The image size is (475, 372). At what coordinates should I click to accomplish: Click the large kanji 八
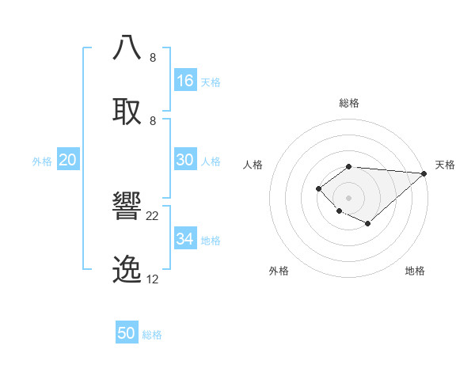[127, 47]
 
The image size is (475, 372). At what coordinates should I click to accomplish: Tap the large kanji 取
[127, 111]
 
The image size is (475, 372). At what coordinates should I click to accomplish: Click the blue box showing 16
[185, 80]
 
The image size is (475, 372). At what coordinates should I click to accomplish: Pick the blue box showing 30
[185, 160]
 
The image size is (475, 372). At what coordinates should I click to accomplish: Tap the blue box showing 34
[185, 239]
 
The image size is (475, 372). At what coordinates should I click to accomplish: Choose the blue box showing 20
[68, 160]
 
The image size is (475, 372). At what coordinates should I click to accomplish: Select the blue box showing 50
[127, 333]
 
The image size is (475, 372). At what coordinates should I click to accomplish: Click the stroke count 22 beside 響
[153, 216]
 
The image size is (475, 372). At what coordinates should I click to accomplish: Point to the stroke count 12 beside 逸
[153, 279]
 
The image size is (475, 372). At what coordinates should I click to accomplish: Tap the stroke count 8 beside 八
[153, 58]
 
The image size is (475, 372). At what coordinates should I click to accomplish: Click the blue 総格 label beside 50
[152, 335]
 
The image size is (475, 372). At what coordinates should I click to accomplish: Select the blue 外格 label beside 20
[42, 161]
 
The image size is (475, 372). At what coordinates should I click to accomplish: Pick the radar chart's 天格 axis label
[445, 165]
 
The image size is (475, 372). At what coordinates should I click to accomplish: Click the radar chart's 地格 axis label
[415, 271]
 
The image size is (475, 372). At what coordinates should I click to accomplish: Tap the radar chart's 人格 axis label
[253, 165]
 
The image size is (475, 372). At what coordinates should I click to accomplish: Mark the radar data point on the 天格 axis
[424, 173]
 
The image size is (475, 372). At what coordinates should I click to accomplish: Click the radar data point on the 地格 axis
[368, 224]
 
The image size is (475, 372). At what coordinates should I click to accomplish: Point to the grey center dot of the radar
[349, 197]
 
